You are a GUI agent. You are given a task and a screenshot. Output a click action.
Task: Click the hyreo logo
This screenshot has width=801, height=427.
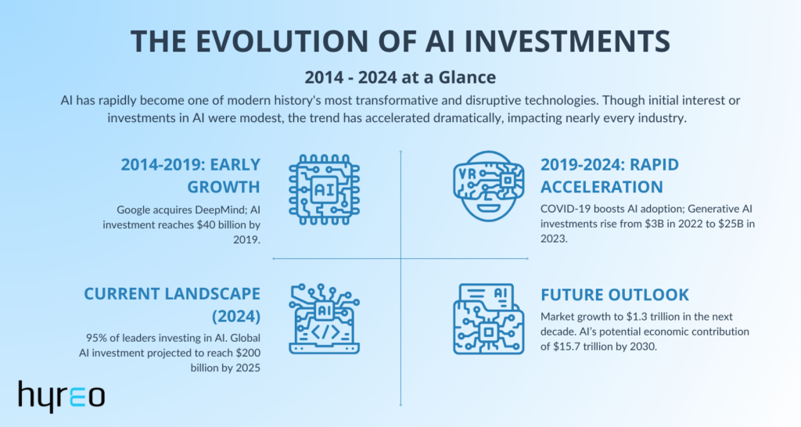point(61,396)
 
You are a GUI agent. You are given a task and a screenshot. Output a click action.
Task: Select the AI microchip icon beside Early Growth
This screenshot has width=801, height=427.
point(324,189)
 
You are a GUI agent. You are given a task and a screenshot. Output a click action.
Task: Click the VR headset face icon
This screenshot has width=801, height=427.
point(488,186)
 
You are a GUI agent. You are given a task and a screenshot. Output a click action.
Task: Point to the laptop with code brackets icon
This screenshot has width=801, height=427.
point(324,319)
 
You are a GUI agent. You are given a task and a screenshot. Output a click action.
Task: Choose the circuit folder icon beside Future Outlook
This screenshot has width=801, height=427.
point(488,319)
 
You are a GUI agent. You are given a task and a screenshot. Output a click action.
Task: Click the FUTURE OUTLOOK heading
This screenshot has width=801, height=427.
point(615,295)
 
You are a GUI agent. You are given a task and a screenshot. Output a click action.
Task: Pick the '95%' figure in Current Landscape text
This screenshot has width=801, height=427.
point(96,338)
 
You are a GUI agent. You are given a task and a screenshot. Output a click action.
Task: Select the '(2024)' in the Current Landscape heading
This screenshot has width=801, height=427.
point(236,317)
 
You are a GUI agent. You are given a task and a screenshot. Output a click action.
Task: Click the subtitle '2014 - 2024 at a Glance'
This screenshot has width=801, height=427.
point(400,77)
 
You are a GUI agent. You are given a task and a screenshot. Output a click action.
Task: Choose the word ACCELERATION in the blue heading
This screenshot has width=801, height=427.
point(602,187)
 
